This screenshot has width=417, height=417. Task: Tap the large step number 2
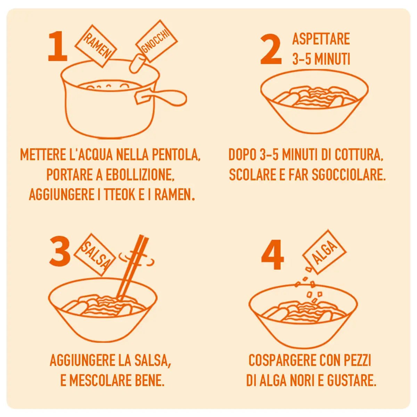(x=271, y=50)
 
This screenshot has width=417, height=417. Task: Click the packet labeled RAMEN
(x=96, y=46)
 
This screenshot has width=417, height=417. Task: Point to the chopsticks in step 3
(x=132, y=268)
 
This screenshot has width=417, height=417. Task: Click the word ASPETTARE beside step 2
(x=321, y=39)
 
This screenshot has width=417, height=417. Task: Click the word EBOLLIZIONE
(x=140, y=175)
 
